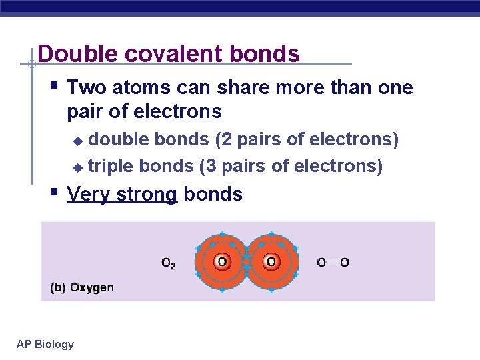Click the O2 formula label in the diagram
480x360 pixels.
click(169, 263)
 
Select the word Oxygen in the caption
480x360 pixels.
click(92, 288)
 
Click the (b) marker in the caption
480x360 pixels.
click(57, 288)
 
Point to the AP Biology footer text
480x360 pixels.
click(45, 344)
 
